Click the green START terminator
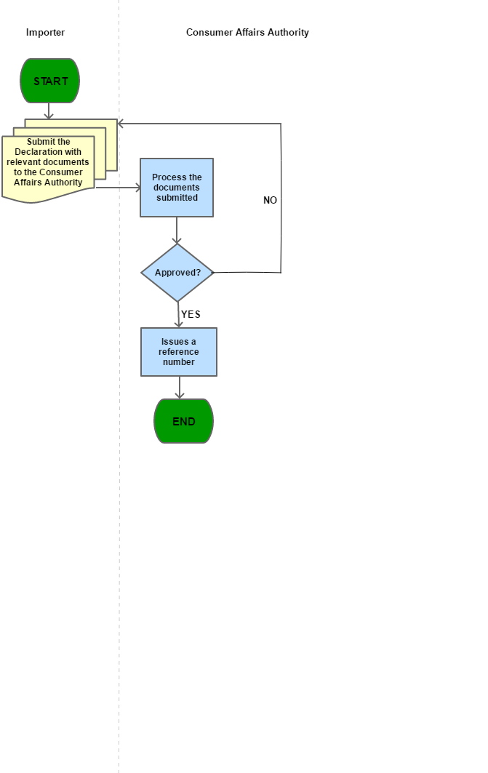[49, 81]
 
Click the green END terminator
[183, 421]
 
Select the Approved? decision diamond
[177, 273]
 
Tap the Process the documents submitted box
[177, 188]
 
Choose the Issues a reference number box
[178, 352]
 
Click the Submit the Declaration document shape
[48, 167]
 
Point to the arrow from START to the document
[49, 111]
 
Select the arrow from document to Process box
[117, 188]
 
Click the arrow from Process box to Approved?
[177, 231]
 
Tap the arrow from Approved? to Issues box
[178, 315]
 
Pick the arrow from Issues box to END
[179, 388]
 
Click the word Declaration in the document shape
[48, 152]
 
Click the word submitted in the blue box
[177, 198]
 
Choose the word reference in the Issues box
[179, 352]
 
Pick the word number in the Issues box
[179, 362]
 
